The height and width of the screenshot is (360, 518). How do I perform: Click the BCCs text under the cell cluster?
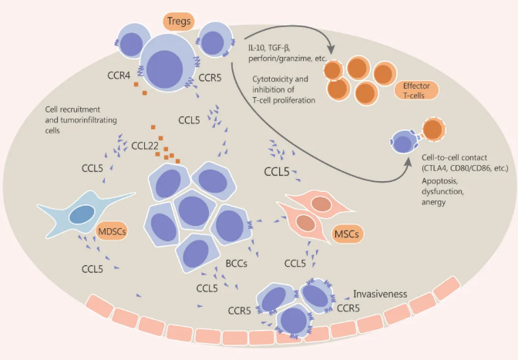(x=235, y=264)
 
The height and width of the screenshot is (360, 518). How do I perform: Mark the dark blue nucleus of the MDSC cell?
(x=79, y=217)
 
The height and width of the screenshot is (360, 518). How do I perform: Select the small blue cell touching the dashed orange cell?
(x=403, y=142)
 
